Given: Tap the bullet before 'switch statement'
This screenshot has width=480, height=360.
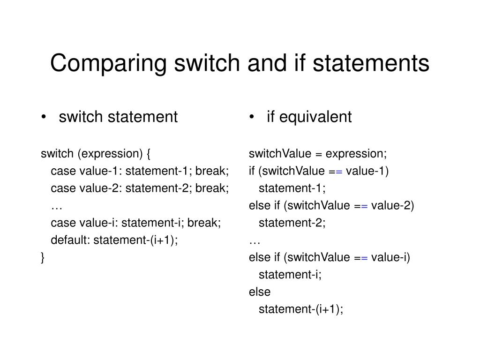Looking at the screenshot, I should point(44,117).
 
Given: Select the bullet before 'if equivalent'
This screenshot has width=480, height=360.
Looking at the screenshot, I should point(252,117).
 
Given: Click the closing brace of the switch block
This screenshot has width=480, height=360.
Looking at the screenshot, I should point(43,257).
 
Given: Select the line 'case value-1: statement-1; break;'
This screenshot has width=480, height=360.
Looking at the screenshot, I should point(140,171).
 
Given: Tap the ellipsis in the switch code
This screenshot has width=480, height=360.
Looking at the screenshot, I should point(57,206).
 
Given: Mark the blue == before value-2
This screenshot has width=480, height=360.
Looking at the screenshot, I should point(360,206).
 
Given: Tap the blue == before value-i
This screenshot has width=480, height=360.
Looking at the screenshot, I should point(360,257).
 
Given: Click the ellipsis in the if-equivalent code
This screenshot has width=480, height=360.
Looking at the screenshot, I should point(255,240).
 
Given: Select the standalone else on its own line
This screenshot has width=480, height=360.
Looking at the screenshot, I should point(260,292).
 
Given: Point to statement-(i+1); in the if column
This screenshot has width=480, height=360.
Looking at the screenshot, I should point(301,309).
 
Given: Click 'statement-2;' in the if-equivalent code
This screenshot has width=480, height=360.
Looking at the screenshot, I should point(292,223).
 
